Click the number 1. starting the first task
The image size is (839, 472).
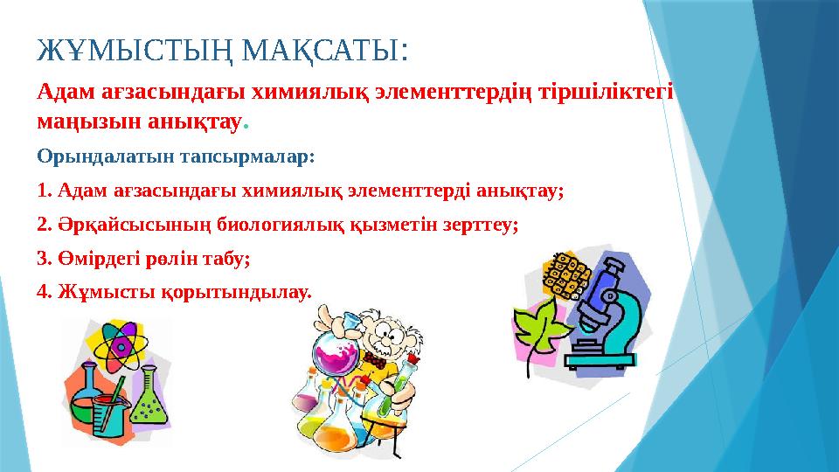pos(45,191)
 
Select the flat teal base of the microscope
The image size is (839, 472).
pos(607,359)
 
